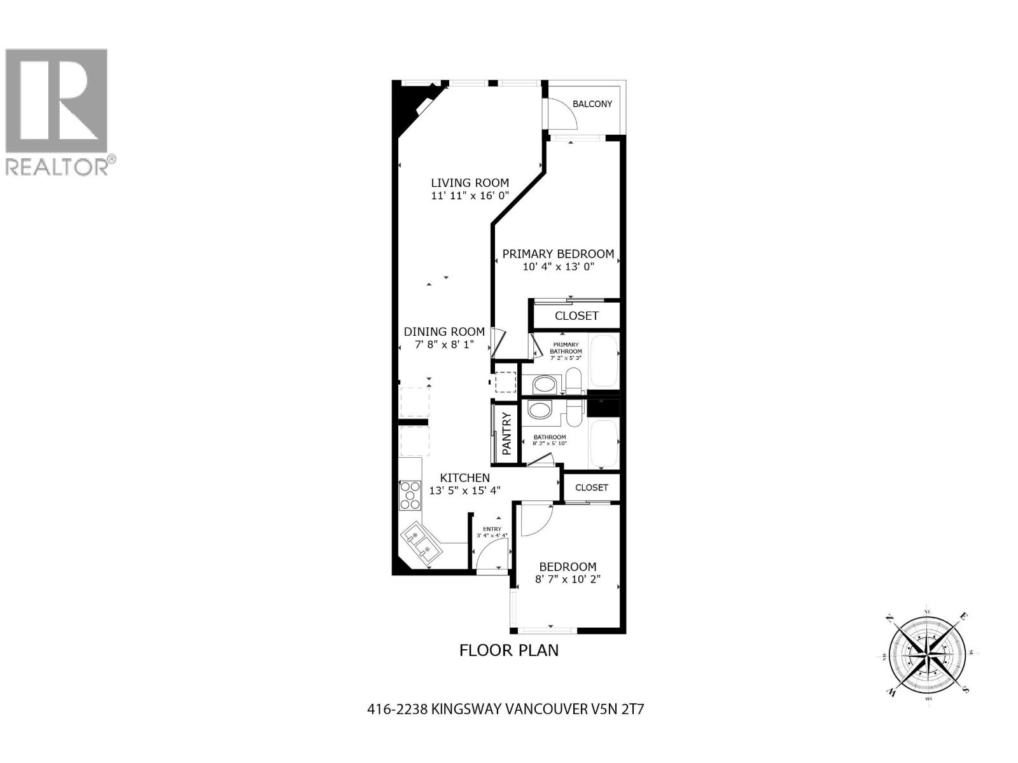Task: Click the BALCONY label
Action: [592, 104]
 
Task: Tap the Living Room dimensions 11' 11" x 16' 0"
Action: [470, 196]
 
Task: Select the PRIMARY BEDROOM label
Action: [558, 254]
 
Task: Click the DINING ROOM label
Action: [444, 331]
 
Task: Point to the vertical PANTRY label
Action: [507, 434]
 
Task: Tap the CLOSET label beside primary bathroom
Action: [576, 316]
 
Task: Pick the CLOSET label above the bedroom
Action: [591, 488]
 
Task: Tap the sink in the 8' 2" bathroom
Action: [541, 411]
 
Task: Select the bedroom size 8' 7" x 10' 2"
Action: [568, 579]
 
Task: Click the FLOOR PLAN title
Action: [509, 650]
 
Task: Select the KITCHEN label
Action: [465, 478]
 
